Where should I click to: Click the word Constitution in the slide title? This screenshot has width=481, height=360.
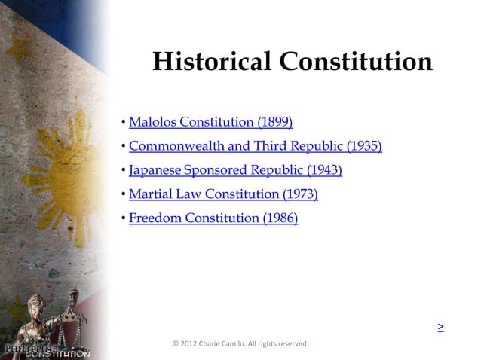[x=356, y=62]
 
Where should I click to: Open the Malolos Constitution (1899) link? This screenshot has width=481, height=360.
[x=210, y=122]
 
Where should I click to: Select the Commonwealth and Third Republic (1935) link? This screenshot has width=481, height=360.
[x=255, y=146]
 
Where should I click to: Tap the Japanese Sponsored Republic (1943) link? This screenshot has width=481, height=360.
[x=235, y=170]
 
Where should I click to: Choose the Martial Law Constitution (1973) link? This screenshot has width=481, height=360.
[x=223, y=194]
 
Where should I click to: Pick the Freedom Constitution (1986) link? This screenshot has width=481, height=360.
[x=213, y=218]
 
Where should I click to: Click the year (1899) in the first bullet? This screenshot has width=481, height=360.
[x=275, y=122]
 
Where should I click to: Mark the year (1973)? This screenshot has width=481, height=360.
[x=300, y=194]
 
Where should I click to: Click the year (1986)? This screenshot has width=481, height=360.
[x=280, y=218]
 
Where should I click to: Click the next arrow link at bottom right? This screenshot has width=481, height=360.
[x=440, y=328]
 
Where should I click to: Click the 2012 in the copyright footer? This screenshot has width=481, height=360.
[x=188, y=344]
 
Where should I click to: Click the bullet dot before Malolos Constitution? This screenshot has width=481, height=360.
[x=123, y=123]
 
